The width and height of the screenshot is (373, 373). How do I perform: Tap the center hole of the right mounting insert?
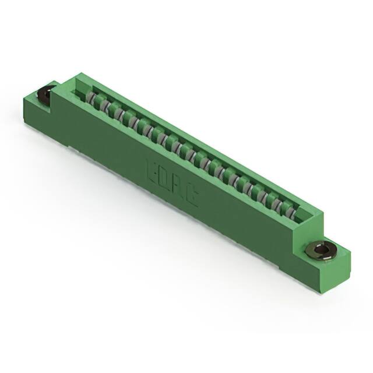tap(320, 251)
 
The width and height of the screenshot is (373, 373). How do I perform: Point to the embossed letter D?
tap(163, 181)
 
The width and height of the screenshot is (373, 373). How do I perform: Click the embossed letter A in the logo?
tap(177, 191)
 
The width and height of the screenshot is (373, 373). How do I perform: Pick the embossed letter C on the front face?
tap(191, 199)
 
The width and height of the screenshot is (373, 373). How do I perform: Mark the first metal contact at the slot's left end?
tap(92, 97)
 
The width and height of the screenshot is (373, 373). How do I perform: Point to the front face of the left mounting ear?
tap(38, 108)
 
